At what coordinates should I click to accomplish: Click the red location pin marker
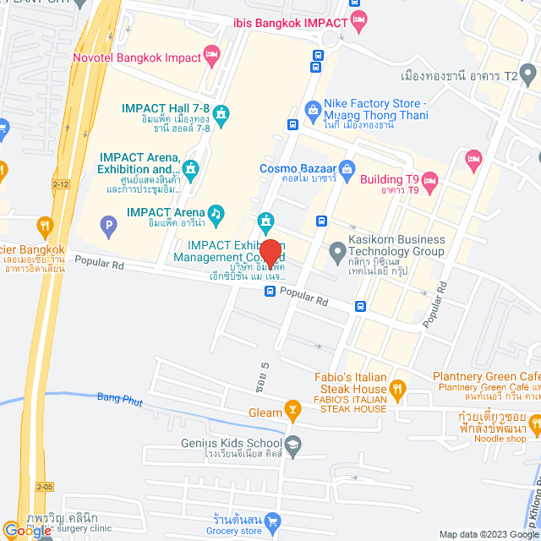270,253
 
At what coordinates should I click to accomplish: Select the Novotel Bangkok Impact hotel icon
212,57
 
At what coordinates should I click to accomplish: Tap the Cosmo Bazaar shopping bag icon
346,167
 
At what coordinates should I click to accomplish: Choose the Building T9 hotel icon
429,179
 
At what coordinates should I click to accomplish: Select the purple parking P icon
107,226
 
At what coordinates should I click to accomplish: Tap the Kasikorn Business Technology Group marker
336,251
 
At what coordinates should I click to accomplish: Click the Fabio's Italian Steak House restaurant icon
397,389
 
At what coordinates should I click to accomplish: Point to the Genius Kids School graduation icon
292,444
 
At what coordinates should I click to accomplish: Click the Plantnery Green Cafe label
486,376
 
